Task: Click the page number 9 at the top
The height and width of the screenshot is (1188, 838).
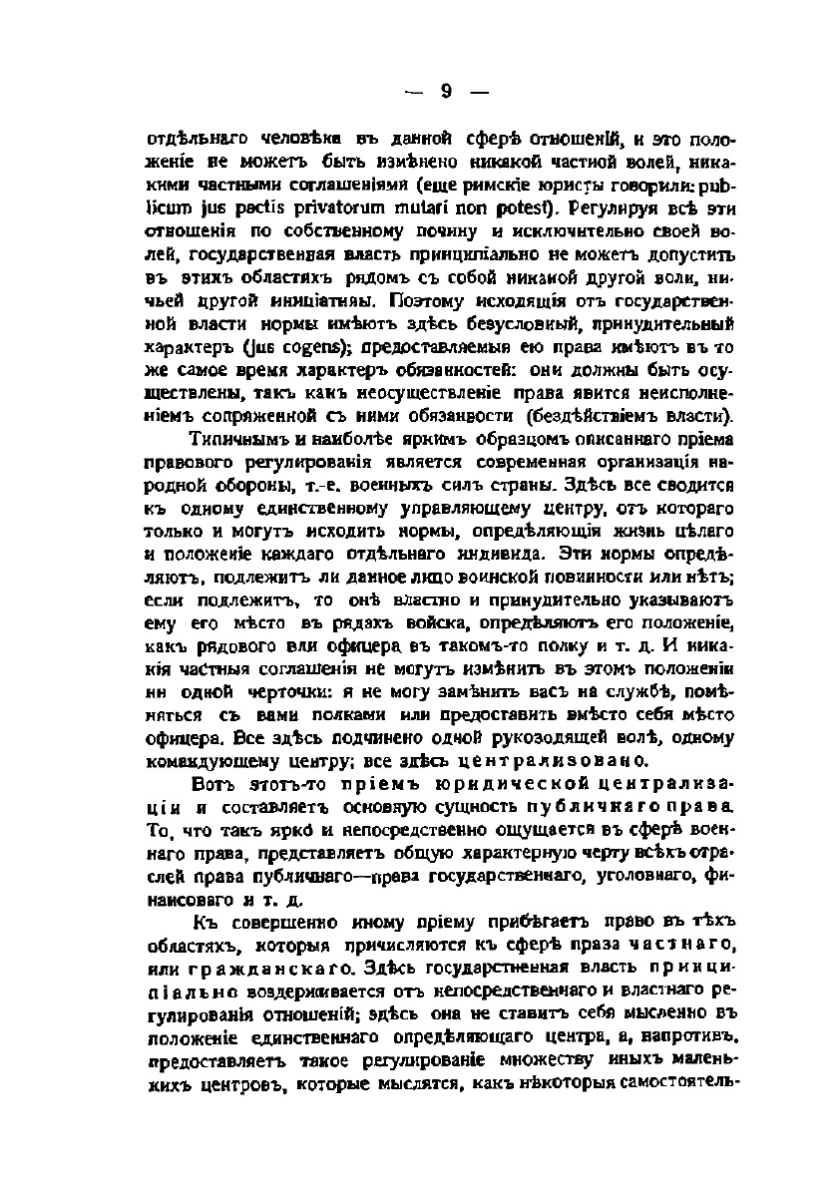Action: click(446, 92)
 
